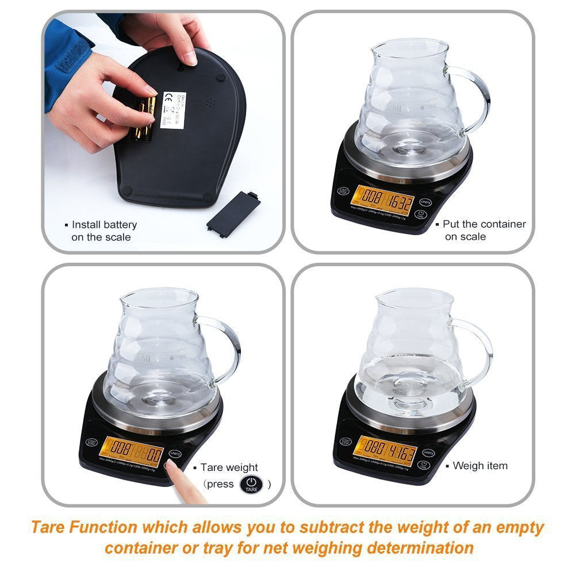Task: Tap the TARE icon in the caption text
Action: pyautogui.click(x=251, y=485)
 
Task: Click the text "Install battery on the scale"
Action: pyautogui.click(x=103, y=231)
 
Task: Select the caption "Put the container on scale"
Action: pyautogui.click(x=484, y=230)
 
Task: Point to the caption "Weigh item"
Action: pyautogui.click(x=480, y=466)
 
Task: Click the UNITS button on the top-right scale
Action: pyautogui.click(x=425, y=202)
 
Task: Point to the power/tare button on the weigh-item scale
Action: pyautogui.click(x=424, y=465)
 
